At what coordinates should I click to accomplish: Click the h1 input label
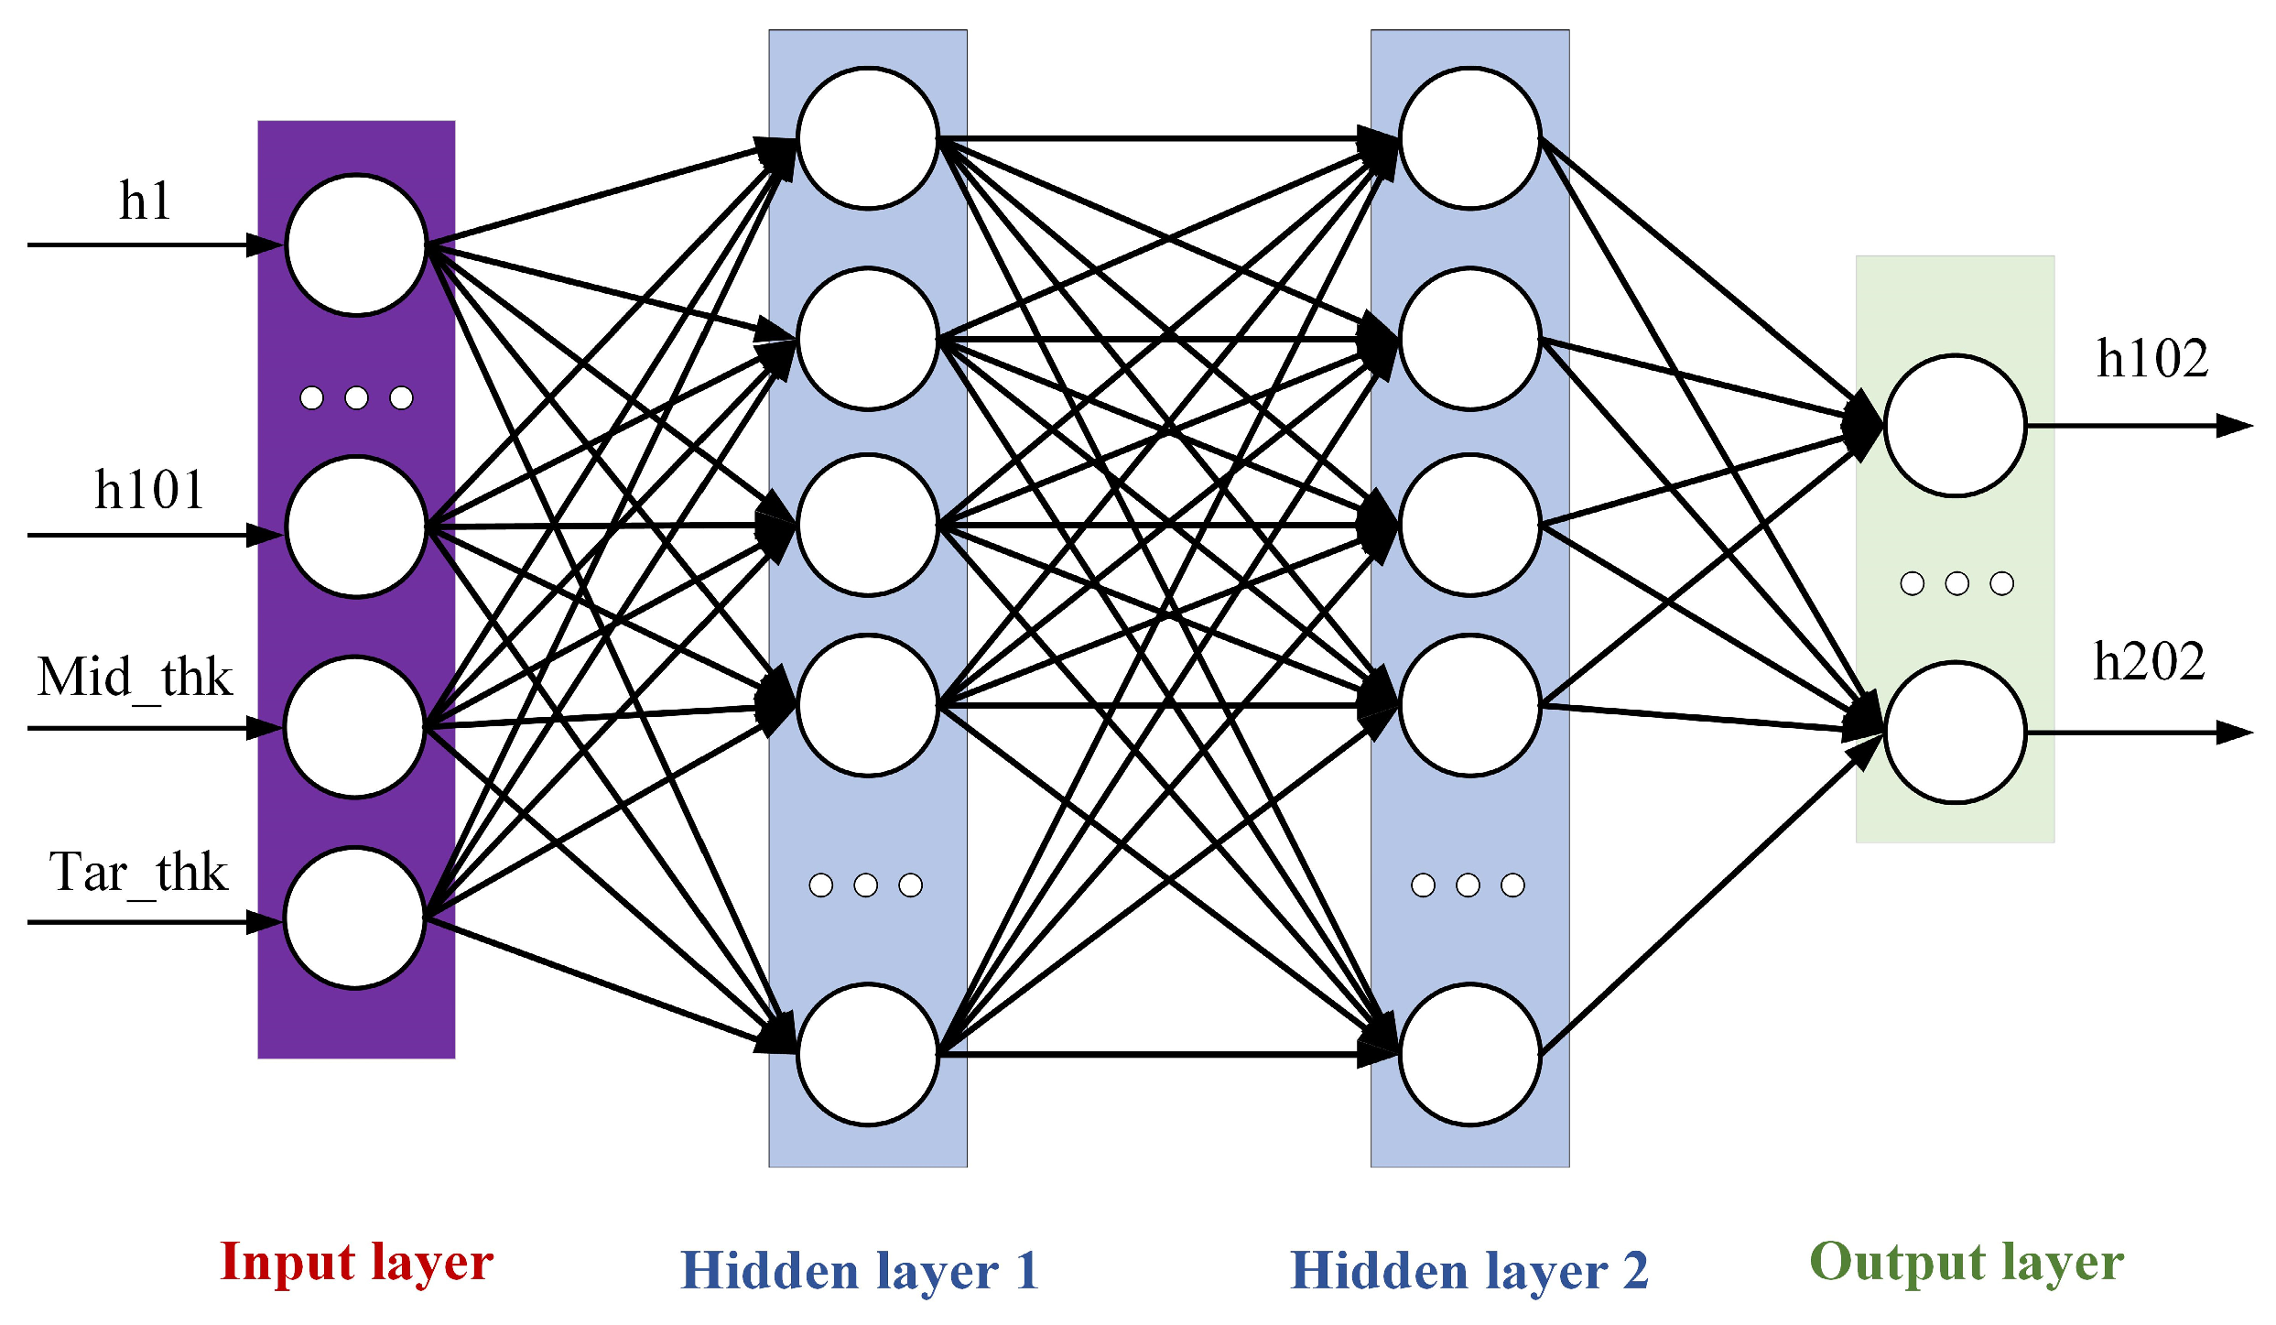(145, 201)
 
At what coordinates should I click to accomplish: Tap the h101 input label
(149, 491)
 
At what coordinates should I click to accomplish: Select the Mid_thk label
(135, 679)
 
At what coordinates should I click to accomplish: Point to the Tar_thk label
(138, 873)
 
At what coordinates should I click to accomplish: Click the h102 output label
(2151, 359)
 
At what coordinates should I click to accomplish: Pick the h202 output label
(2149, 662)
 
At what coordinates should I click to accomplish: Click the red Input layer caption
(356, 1263)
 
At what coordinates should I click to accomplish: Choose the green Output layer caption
(1967, 1263)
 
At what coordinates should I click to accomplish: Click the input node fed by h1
(356, 245)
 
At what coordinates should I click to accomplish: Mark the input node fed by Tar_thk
(355, 918)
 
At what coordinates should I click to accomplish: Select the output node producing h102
(1955, 426)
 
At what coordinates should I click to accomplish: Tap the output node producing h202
(1955, 733)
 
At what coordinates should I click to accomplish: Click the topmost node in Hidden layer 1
(868, 138)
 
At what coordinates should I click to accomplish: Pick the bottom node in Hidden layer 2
(1469, 1054)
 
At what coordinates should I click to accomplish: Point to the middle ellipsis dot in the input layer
(356, 397)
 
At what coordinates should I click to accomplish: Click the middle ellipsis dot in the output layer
(1956, 583)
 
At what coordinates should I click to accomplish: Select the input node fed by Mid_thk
(355, 727)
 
